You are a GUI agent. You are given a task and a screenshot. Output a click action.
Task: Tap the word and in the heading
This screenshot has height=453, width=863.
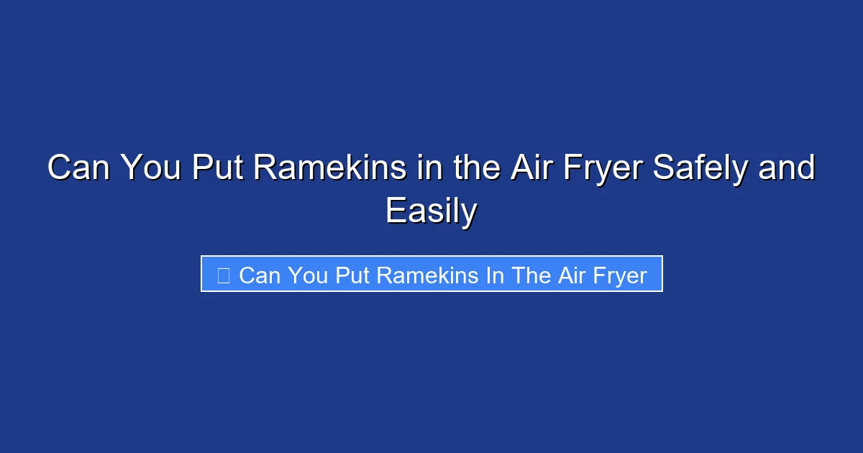pos(788,168)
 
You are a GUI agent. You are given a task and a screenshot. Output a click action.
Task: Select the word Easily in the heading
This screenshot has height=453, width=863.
pos(431,211)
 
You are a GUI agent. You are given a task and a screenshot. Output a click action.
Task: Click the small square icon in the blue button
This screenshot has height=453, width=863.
pos(224,275)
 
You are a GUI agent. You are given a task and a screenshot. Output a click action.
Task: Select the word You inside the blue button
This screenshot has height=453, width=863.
pos(309,275)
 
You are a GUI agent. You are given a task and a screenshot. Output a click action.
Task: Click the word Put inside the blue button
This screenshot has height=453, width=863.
pos(352,275)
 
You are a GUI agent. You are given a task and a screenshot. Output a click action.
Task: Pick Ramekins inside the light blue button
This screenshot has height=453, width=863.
pos(428,275)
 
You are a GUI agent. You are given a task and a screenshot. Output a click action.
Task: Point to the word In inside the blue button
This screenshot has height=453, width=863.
pos(494,275)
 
